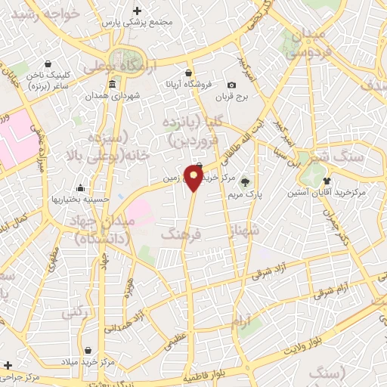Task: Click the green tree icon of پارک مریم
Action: (x=243, y=180)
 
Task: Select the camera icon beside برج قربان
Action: (x=232, y=85)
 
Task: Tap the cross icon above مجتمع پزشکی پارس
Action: (x=137, y=11)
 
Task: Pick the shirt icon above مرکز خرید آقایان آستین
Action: (x=327, y=181)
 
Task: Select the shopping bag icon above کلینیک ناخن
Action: (x=48, y=64)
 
